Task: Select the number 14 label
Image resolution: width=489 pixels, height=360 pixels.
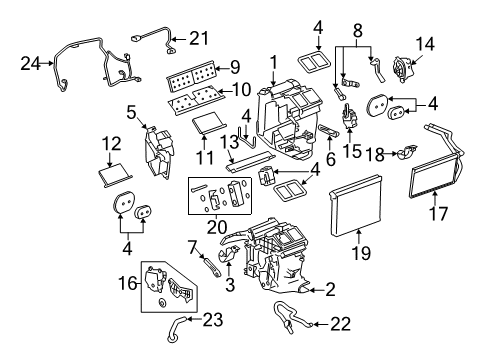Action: coord(425,44)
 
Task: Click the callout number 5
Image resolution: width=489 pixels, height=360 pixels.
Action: coord(130,110)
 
